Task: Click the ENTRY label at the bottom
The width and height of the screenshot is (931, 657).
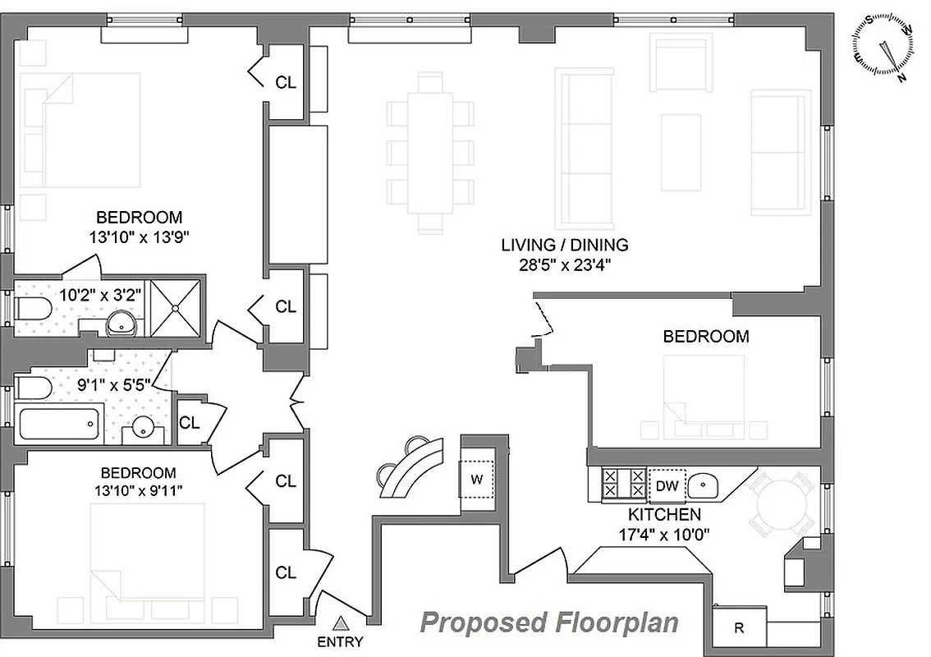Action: tap(339, 642)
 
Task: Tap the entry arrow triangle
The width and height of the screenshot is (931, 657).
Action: tap(340, 625)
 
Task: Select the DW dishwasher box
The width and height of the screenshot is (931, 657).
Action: tap(667, 485)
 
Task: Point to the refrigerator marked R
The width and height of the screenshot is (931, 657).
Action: tap(739, 628)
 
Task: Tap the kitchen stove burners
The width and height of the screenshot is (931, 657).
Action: tap(624, 483)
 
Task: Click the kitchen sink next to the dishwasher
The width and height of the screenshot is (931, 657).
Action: tap(703, 485)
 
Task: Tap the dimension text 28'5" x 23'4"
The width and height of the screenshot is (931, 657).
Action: tap(564, 264)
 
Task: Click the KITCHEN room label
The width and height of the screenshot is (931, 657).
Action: tap(664, 515)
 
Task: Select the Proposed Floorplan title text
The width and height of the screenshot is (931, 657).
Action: tap(549, 623)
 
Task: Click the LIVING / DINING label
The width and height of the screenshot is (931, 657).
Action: tap(564, 244)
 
